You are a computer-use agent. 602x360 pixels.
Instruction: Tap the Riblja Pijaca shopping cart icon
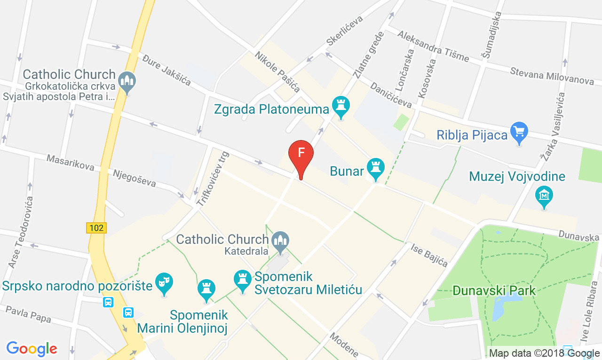(519, 133)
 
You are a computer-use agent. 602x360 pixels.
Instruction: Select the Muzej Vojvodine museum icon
(544, 196)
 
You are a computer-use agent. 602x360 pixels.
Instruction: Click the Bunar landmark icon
(375, 168)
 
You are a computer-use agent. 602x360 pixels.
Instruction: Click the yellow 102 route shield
(96, 228)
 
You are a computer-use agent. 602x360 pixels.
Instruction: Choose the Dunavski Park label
(494, 290)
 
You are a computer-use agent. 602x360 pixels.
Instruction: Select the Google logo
(32, 349)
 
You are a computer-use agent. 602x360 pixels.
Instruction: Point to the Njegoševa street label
(134, 178)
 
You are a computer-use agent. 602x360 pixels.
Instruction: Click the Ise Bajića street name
(429, 255)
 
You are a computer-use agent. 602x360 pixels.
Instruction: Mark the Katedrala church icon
(280, 241)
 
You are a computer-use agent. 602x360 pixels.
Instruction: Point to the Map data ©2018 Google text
(544, 353)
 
